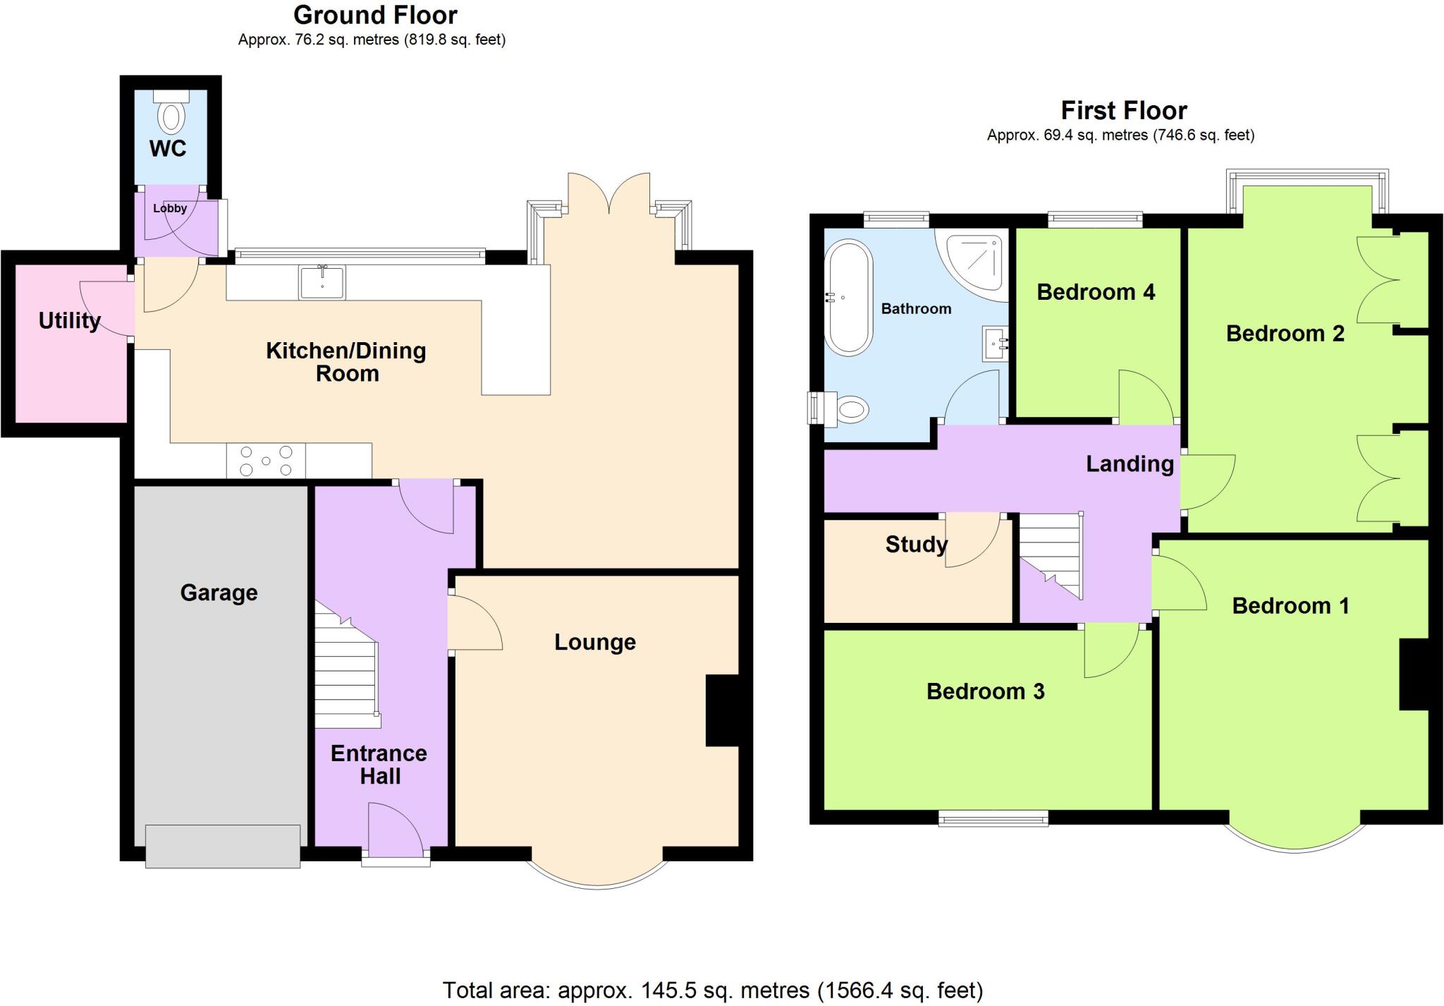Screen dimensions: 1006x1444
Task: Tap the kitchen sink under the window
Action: pos(322,282)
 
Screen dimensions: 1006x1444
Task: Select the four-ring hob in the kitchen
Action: pos(266,461)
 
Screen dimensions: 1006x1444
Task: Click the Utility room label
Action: pos(69,320)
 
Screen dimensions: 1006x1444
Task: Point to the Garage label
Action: pos(219,593)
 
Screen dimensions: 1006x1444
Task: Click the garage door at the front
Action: pos(223,845)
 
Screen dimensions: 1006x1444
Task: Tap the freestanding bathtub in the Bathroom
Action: pos(849,297)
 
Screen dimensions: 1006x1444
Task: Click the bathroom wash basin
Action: pos(996,344)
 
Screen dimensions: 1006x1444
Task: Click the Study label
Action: pos(916,544)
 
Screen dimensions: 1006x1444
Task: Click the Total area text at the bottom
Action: pos(712,990)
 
